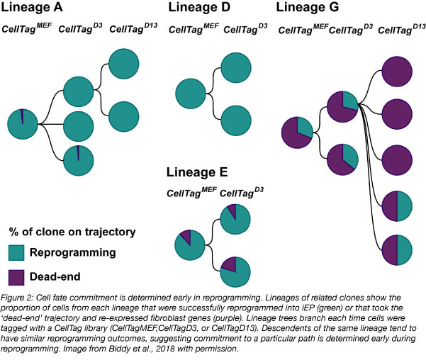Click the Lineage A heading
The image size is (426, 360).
pos(34,9)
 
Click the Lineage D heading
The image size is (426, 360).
pos(201,9)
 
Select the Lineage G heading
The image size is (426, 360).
pos(307,9)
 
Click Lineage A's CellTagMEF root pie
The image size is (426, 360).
pos(23,125)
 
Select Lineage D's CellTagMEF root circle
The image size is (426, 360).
pos(190,94)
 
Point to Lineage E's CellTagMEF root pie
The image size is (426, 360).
pos(189,244)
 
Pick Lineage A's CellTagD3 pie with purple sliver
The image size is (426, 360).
pos(78,160)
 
